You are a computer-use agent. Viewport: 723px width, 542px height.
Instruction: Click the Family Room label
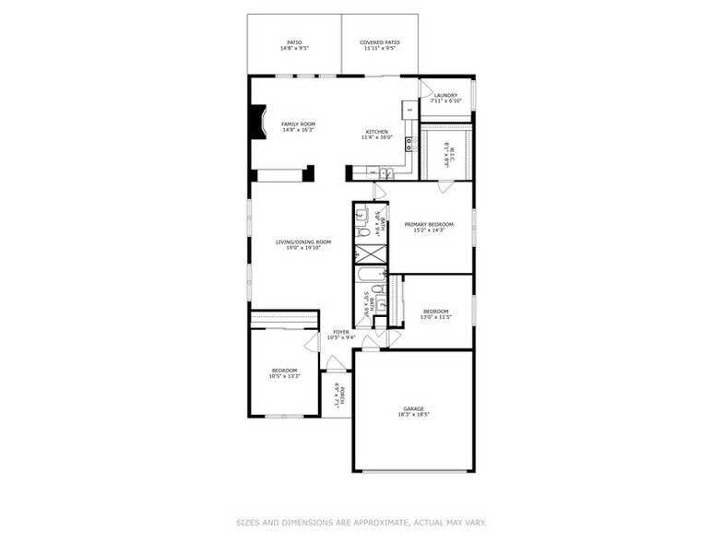coord(298,124)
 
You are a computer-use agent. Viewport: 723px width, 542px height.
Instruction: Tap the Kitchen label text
coord(378,132)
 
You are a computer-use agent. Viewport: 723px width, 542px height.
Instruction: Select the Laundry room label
coord(445,95)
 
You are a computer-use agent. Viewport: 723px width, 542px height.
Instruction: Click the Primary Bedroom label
coord(429,224)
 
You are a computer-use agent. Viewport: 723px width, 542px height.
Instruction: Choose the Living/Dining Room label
coord(303,242)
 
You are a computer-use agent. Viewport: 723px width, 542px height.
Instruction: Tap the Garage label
coord(413,408)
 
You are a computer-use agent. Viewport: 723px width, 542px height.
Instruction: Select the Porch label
coord(342,395)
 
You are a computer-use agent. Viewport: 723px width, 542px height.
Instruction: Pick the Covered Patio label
coord(380,41)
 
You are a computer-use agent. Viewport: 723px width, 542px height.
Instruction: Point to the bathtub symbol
coord(369,274)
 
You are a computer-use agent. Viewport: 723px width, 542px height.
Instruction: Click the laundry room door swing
coord(426,88)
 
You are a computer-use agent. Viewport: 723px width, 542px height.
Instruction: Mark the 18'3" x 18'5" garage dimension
coord(413,415)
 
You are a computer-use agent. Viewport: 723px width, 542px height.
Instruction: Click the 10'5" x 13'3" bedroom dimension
coord(284,376)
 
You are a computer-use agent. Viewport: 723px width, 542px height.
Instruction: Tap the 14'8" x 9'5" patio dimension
coord(294,48)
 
